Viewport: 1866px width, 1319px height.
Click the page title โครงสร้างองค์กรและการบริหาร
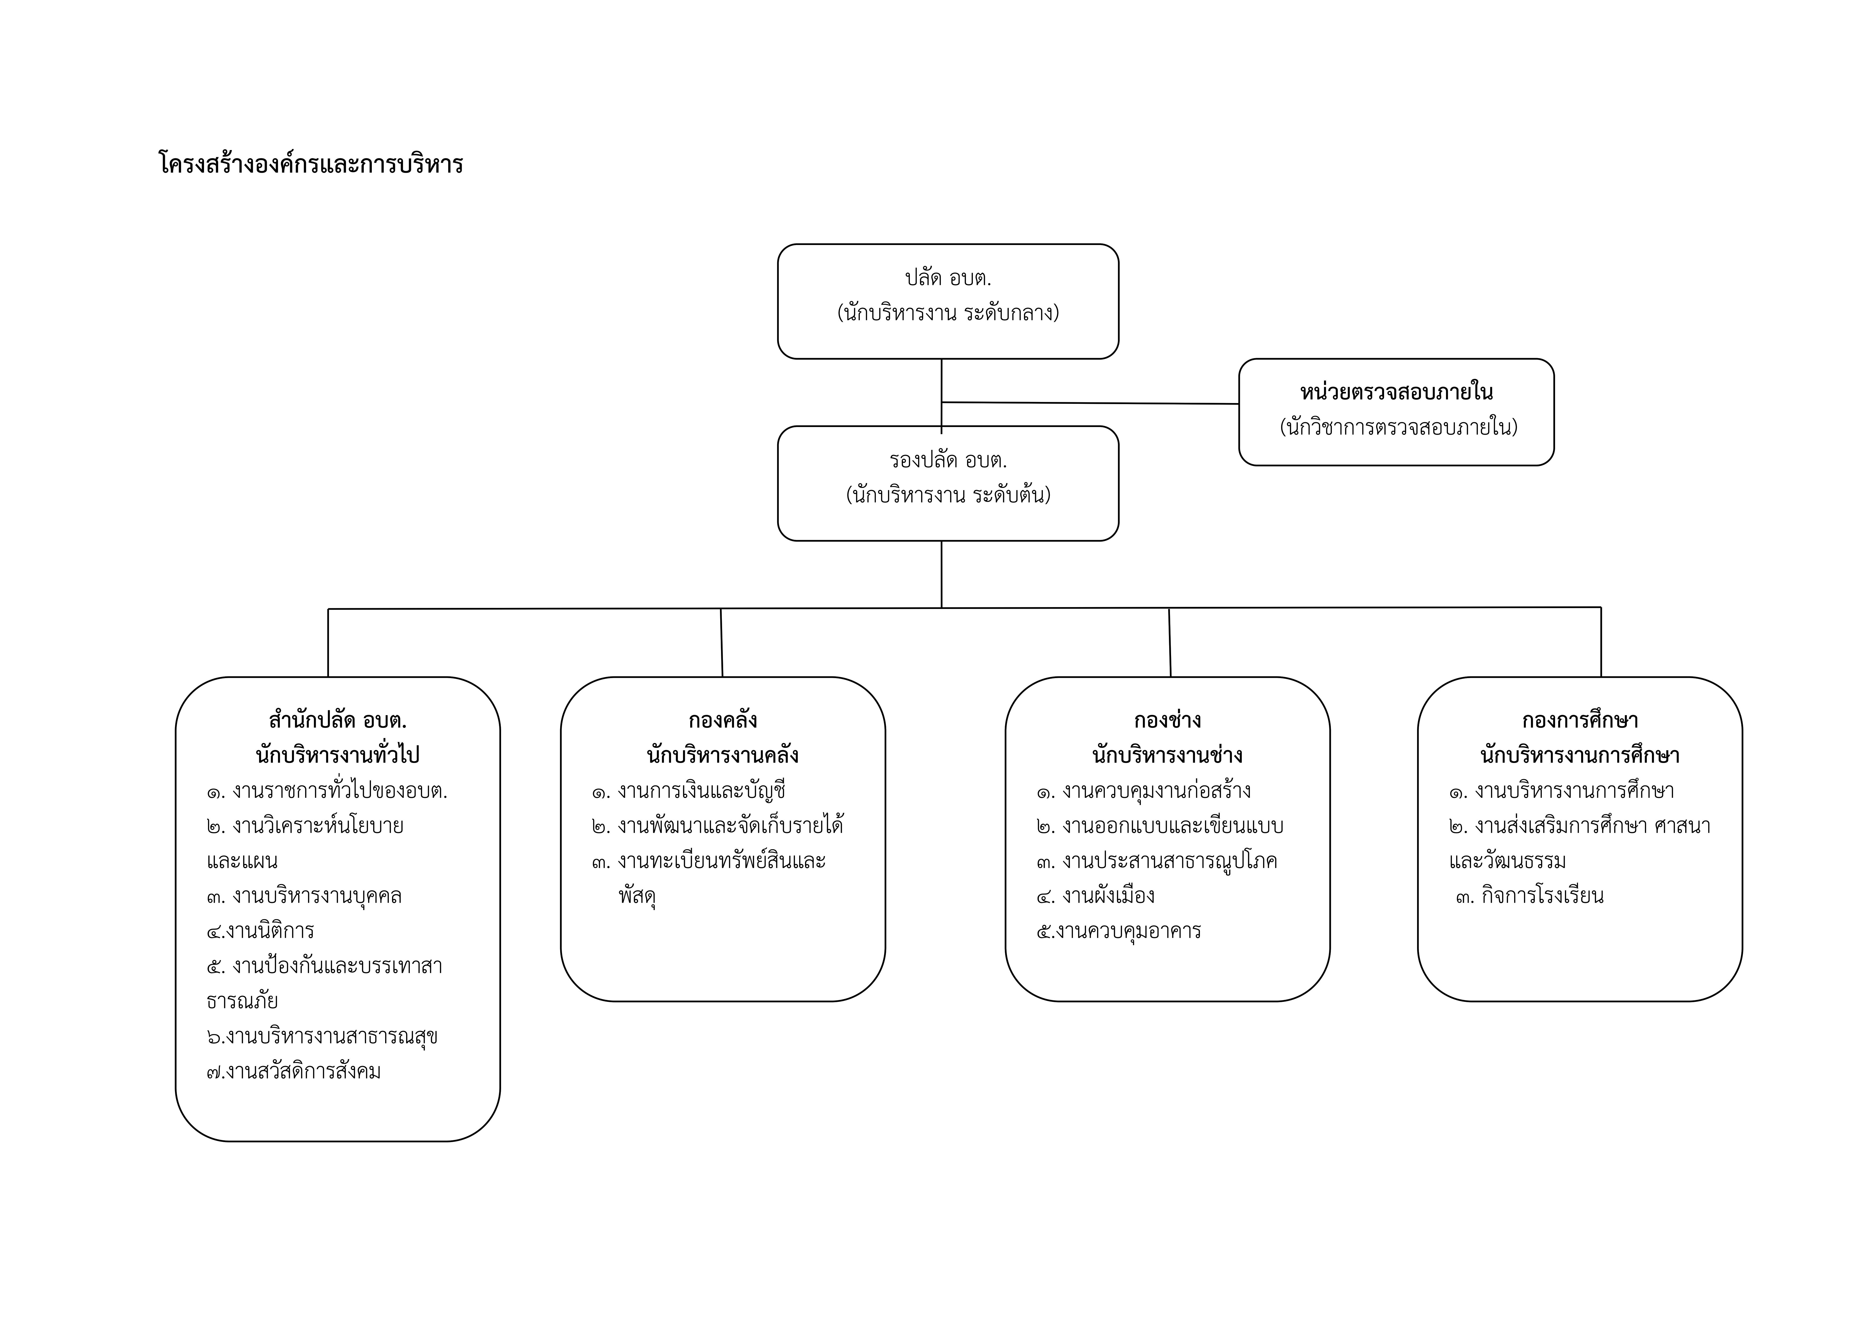tap(310, 164)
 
